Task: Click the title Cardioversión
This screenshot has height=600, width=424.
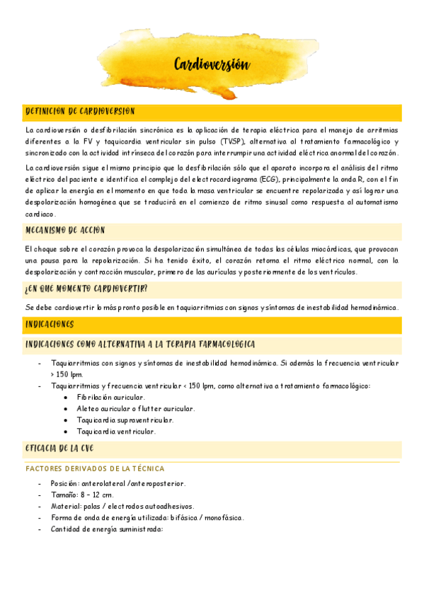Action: (212, 65)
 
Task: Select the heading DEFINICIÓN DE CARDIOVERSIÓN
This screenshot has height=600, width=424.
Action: (80, 112)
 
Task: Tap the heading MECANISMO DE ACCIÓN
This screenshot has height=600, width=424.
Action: (66, 231)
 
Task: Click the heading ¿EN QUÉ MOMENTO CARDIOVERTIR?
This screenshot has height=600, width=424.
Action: (86, 289)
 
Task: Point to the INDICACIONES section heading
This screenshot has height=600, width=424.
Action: (50, 324)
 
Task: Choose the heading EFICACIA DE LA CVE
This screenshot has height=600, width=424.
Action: (59, 449)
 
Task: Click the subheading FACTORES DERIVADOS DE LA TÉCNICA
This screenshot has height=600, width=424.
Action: (95, 468)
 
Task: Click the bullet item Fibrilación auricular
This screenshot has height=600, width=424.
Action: (111, 398)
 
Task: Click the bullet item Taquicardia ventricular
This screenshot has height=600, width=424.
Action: (116, 432)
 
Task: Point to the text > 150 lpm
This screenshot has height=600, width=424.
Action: (67, 374)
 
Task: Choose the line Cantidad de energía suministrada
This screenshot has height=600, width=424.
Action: (107, 529)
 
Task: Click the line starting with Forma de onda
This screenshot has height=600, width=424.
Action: (147, 518)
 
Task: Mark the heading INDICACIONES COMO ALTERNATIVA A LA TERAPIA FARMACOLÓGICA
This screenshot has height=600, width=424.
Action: (140, 344)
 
